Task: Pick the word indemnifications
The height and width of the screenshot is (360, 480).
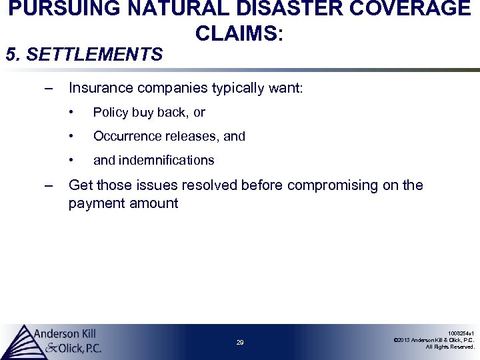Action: pyautogui.click(x=167, y=160)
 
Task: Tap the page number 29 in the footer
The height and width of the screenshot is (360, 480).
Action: pyautogui.click(x=240, y=343)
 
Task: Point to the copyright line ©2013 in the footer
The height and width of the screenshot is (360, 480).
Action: pyautogui.click(x=433, y=340)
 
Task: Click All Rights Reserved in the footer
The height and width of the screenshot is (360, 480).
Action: pyautogui.click(x=450, y=347)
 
